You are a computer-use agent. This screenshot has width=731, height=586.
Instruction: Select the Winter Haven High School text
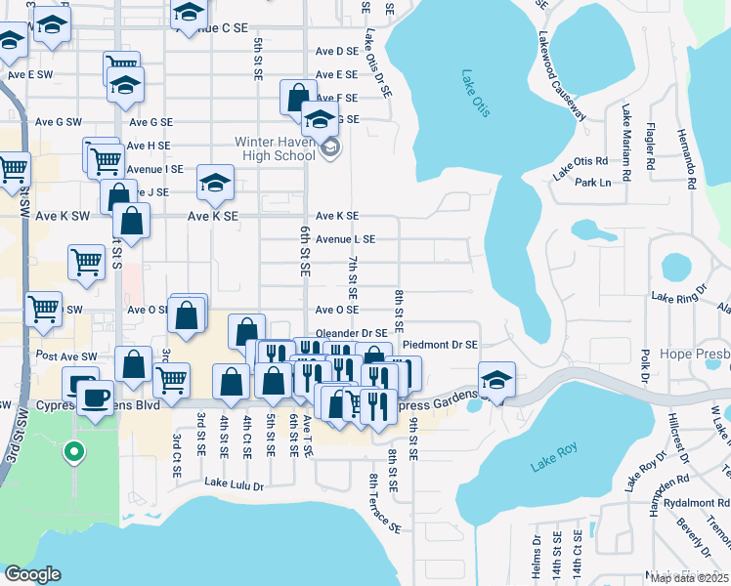coord(275,148)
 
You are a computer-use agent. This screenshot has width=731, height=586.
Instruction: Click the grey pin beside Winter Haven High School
coord(330,148)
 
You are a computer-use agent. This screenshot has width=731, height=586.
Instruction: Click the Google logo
coord(33,573)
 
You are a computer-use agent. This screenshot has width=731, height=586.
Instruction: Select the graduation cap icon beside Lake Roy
coord(496,381)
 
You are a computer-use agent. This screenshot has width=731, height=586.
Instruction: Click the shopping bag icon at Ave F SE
coord(297,98)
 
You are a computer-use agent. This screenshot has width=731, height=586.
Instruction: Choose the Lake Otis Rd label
coord(580,167)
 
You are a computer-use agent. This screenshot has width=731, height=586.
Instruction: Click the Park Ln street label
coord(592,183)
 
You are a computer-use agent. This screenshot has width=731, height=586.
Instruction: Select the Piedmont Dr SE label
coord(440,345)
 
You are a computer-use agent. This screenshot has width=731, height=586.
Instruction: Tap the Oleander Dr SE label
coord(351,333)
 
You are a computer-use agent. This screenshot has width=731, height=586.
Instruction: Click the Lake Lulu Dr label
coord(234,481)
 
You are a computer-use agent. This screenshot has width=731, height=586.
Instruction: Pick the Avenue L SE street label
coord(344,239)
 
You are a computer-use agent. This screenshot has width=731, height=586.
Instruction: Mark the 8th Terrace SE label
coord(385,504)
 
